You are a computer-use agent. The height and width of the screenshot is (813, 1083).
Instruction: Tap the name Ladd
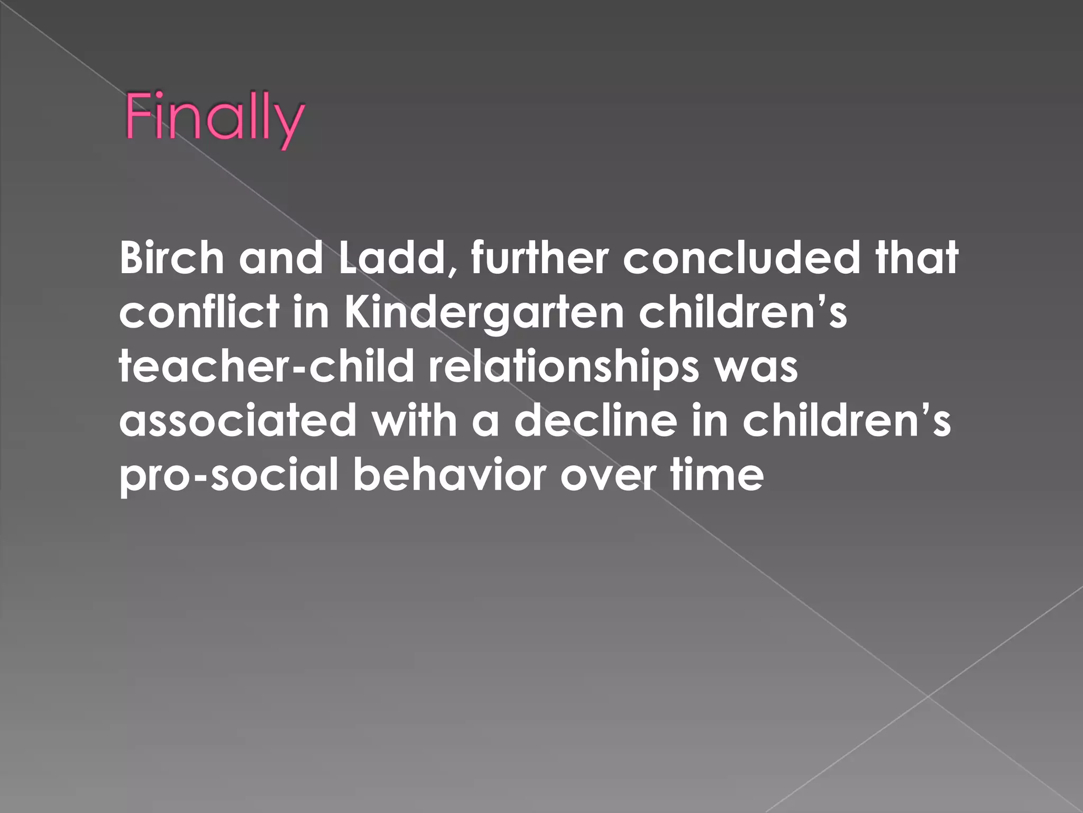[391, 258]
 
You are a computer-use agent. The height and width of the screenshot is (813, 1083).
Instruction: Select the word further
[539, 258]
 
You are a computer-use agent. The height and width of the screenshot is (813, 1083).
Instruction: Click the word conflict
[199, 312]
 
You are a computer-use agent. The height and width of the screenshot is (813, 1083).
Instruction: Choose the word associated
[238, 421]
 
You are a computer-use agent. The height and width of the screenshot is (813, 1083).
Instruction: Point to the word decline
[596, 421]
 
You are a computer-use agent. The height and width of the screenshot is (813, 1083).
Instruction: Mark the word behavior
[448, 475]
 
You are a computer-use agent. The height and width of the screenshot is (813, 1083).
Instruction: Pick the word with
[414, 421]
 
